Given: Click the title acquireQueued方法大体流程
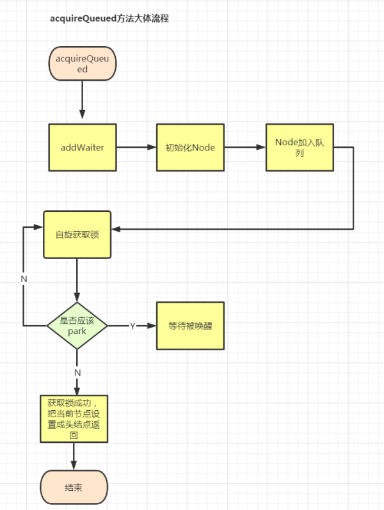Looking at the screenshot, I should [109, 19].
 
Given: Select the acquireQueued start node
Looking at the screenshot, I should [83, 64].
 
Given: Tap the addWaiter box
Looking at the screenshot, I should [83, 147].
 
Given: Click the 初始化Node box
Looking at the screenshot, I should [190, 147].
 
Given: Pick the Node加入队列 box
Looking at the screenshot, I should [300, 147].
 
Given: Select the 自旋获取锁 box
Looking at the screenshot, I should [77, 234].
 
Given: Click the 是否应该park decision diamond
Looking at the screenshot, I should [77, 326].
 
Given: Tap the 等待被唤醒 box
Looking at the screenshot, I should [190, 326].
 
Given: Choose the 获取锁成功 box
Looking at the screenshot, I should [74, 419].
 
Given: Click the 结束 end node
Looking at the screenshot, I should [74, 488].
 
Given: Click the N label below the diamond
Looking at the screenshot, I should [77, 372].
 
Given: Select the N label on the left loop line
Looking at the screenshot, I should [24, 279].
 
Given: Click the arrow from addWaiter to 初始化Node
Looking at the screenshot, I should [136, 147].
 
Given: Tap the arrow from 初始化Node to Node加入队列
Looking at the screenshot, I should [245, 147].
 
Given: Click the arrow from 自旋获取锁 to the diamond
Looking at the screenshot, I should [77, 280].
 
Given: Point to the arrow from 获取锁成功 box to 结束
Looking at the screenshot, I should [74, 456].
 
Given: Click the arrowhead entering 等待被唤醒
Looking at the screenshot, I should [152, 326].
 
